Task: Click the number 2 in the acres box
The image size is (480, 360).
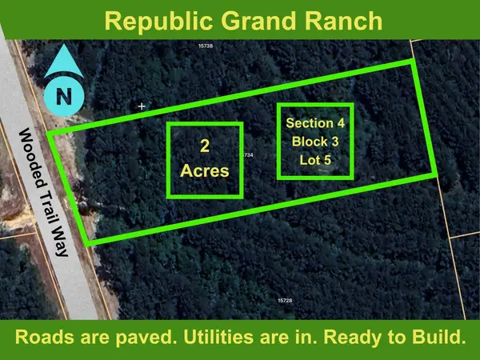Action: point(204,146)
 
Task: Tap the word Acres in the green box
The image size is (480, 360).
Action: point(204,170)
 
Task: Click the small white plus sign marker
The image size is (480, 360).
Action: point(142,106)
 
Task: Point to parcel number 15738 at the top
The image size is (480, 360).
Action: point(206,46)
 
